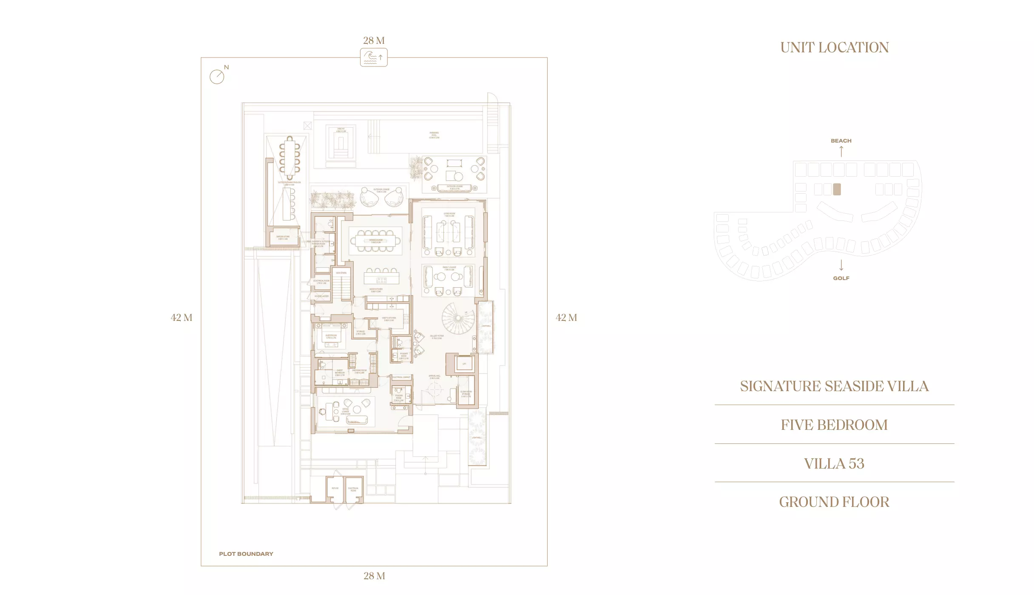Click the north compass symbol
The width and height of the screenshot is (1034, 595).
click(x=217, y=77)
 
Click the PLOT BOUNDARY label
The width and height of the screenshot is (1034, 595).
click(x=246, y=554)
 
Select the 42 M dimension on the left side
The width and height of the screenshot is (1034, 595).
click(x=182, y=318)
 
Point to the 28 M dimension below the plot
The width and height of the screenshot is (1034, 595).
click(x=374, y=576)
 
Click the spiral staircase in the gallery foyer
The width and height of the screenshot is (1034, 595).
click(x=457, y=318)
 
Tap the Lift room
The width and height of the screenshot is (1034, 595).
click(x=464, y=364)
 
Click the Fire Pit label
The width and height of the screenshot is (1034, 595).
click(x=341, y=130)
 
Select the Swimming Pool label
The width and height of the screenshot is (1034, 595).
click(x=434, y=135)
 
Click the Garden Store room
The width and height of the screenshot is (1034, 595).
click(x=283, y=237)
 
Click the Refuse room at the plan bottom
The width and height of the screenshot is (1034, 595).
click(x=335, y=489)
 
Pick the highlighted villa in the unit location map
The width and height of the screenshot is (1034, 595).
click(x=837, y=189)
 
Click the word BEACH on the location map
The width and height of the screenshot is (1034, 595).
click(x=841, y=141)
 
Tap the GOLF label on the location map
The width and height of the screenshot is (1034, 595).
click(x=841, y=278)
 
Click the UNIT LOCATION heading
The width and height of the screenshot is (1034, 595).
click(x=834, y=47)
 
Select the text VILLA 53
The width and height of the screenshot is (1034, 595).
click(x=834, y=463)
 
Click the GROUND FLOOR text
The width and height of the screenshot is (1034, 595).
click(x=834, y=502)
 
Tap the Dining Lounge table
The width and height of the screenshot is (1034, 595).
click(x=376, y=241)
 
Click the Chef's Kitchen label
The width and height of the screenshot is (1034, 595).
click(x=389, y=319)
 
